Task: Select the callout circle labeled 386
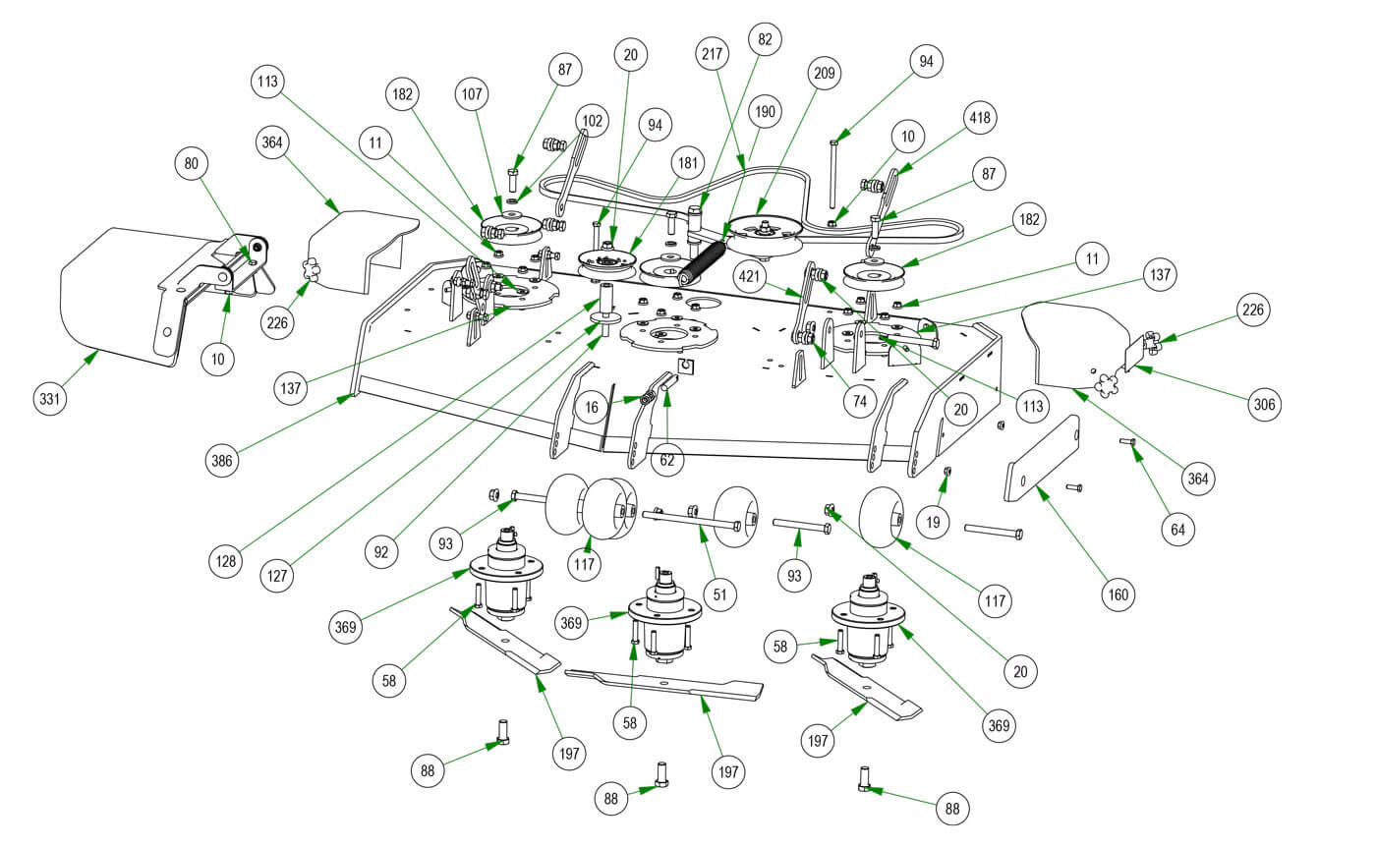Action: click(x=225, y=459)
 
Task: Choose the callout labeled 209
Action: click(x=825, y=73)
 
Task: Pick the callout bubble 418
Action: click(x=980, y=119)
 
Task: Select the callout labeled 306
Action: click(x=1267, y=403)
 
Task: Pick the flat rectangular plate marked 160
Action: click(x=1041, y=460)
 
